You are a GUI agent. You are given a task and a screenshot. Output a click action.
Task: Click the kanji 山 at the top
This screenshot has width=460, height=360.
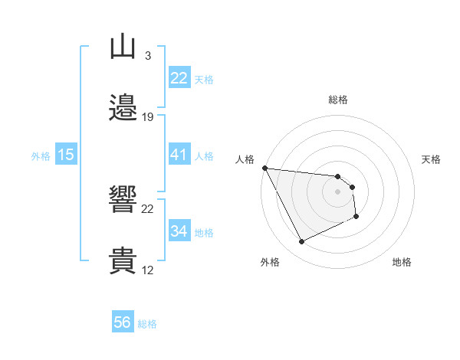pos(123,47)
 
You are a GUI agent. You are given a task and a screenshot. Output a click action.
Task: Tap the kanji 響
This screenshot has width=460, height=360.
pos(123,200)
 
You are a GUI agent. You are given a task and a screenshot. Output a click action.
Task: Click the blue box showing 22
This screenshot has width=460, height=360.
pos(179,78)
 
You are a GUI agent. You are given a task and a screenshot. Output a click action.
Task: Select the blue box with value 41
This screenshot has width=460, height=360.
pos(179,155)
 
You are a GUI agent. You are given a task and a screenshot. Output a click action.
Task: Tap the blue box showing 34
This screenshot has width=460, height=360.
pos(179,231)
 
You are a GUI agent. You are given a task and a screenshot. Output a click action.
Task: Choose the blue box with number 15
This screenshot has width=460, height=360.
pos(66,155)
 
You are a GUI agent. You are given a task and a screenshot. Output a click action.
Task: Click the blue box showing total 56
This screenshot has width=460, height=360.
pos(123,322)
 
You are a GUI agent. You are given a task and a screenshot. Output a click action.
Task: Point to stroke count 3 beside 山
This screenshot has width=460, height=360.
pos(148,55)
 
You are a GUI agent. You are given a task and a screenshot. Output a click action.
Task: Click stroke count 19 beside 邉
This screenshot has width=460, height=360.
pos(148,117)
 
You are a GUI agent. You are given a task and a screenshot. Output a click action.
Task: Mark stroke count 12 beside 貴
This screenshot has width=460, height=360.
pos(148,270)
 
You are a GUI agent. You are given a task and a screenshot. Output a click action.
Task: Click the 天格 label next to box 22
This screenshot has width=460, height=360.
pos(204,80)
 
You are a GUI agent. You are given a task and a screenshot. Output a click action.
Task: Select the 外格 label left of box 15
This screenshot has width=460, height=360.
pos(41,156)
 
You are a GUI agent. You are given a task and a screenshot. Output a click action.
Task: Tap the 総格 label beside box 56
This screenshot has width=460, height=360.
pos(147,324)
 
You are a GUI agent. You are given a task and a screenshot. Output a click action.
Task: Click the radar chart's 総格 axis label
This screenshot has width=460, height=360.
pos(338,100)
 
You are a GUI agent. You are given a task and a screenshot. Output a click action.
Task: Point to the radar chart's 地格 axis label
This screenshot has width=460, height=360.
pos(402,262)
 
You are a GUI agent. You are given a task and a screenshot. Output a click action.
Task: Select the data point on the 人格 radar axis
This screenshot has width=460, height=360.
pos(264,168)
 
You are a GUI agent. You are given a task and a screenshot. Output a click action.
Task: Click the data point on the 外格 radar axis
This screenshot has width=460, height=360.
pos(301,242)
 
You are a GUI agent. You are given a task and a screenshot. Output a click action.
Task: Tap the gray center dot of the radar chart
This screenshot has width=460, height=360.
pos(338,191)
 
